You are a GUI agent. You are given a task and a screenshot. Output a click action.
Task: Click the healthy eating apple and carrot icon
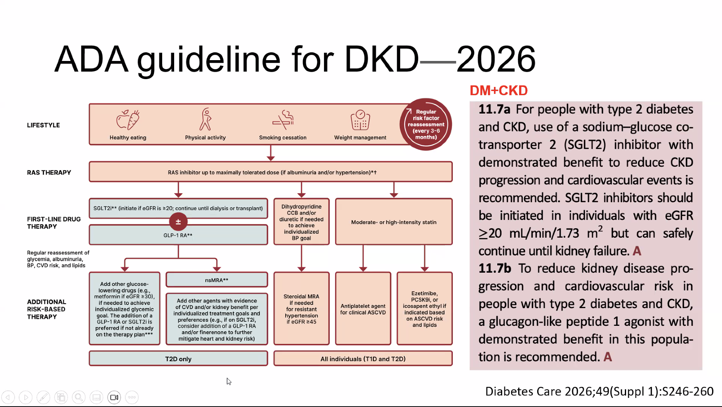pyautogui.click(x=128, y=120)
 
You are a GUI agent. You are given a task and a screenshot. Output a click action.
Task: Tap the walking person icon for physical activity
pyautogui.click(x=205, y=119)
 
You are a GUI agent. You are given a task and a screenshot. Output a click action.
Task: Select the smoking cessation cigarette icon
pyautogui.click(x=283, y=119)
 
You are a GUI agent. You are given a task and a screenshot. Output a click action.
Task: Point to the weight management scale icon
pyautogui.click(x=360, y=120)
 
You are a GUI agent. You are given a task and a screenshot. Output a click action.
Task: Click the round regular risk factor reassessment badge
pyautogui.click(x=426, y=124)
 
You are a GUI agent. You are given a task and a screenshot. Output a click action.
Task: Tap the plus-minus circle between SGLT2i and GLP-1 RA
pyautogui.click(x=178, y=222)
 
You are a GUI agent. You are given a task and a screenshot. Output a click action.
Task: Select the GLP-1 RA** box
pyautogui.click(x=178, y=235)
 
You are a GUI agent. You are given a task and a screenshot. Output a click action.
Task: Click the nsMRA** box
pyautogui.click(x=217, y=280)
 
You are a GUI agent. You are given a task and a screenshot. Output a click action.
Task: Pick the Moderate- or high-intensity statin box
pyautogui.click(x=394, y=222)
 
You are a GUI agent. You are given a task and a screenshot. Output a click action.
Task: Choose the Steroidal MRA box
pyautogui.click(x=301, y=308)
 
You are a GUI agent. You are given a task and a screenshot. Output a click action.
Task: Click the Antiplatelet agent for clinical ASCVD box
pyautogui.click(x=363, y=308)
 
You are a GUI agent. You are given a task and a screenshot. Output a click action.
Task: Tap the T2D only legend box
pyautogui.click(x=178, y=358)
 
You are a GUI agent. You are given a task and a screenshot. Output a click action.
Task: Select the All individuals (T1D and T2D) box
pyautogui.click(x=363, y=358)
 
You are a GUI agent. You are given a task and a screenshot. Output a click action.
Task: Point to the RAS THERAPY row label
pyautogui.click(x=49, y=173)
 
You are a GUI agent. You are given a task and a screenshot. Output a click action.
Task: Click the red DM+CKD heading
pyautogui.click(x=498, y=91)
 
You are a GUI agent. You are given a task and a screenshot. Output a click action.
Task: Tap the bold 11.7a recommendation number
pyautogui.click(x=494, y=109)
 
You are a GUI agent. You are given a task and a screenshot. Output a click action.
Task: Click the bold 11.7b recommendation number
pyautogui.click(x=494, y=269)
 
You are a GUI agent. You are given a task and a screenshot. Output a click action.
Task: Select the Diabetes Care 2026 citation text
pyautogui.click(x=599, y=391)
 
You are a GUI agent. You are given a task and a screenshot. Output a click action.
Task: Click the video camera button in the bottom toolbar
pyautogui.click(x=114, y=397)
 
